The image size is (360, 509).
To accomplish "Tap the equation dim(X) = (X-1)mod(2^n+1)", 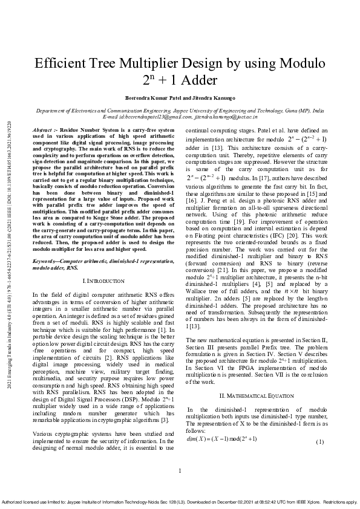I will coord(223,439).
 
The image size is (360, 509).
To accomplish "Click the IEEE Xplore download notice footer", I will coord(180,502).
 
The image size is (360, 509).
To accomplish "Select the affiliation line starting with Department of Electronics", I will coord(180,111).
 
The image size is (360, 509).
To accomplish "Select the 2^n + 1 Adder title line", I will coord(180,80).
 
